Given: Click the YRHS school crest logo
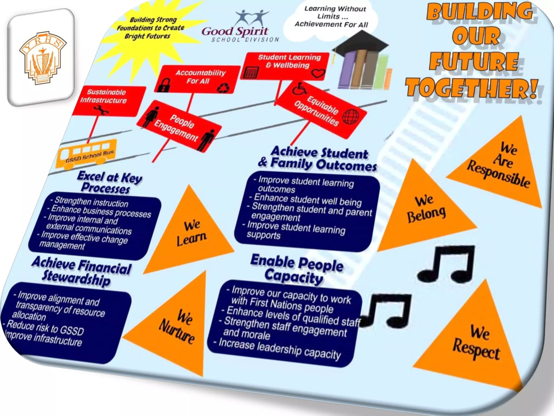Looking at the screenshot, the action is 42,58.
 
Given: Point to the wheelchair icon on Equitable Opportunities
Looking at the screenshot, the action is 299,89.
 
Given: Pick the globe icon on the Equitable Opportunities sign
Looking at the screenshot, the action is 351,117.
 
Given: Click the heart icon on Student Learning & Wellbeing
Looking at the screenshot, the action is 318,73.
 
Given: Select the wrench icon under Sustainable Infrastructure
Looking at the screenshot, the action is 101,110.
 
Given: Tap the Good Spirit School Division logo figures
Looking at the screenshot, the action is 252,18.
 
